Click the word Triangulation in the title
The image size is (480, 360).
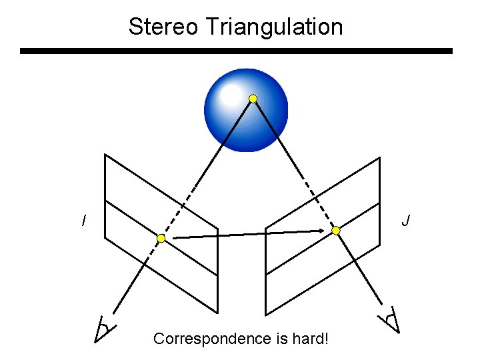[x=275, y=27]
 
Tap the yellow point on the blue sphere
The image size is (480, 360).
[x=253, y=99]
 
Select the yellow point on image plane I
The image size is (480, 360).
[x=161, y=238]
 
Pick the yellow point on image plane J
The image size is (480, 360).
[x=336, y=231]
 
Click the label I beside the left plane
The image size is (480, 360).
[x=83, y=220]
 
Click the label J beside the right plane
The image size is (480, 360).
[x=406, y=220]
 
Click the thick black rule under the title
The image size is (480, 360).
[x=236, y=51]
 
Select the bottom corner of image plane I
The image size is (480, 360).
[x=217, y=312]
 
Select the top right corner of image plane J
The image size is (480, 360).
[x=380, y=158]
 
